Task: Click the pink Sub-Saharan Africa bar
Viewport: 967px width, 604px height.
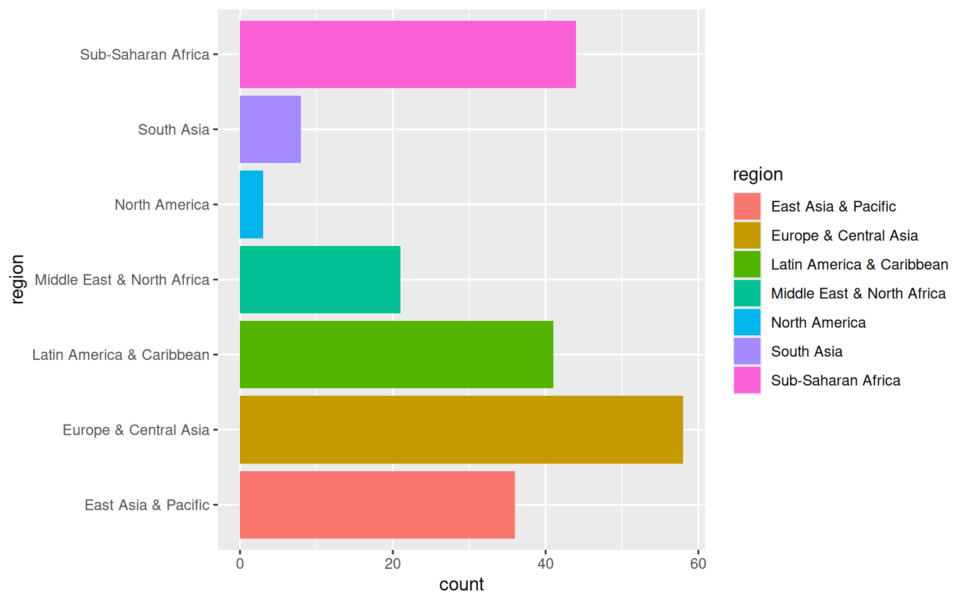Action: tap(407, 55)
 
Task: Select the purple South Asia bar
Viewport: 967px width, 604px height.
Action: tap(270, 130)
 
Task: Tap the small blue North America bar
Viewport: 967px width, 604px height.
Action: tap(251, 204)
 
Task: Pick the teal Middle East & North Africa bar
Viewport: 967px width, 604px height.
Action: tap(320, 279)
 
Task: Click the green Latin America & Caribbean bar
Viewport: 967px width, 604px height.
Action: tap(396, 355)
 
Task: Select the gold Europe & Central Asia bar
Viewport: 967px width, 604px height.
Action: tap(461, 430)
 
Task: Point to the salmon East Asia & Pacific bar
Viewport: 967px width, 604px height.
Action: tap(377, 505)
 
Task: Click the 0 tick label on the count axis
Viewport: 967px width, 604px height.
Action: tap(240, 564)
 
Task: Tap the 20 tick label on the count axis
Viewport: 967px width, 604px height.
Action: tap(393, 564)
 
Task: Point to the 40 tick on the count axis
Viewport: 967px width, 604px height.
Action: tap(545, 564)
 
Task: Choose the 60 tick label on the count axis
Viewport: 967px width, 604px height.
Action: tap(698, 564)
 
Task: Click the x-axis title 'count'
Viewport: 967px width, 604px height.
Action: tap(461, 584)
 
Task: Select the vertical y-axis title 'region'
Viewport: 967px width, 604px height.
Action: tap(17, 279)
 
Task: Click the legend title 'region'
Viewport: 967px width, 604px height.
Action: tap(758, 174)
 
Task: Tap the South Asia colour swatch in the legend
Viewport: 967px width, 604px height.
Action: tap(747, 351)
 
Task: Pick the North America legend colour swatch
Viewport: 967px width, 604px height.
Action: tap(747, 322)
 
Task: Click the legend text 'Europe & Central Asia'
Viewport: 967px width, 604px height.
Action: tap(844, 235)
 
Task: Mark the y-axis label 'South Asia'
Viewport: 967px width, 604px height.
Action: tap(173, 130)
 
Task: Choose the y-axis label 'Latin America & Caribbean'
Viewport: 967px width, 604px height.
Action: tap(121, 355)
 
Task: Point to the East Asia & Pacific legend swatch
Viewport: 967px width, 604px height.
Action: tap(747, 206)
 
